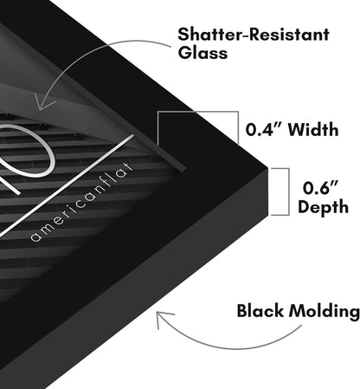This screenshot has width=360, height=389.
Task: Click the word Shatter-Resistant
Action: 254,35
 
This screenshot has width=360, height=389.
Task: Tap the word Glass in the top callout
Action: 202,53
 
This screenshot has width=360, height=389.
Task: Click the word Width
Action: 313,129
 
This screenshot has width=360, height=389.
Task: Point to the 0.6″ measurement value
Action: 320,188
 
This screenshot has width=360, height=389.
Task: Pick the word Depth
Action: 323,207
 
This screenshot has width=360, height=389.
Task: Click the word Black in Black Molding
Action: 260,311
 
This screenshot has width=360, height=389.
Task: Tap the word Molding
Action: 325,312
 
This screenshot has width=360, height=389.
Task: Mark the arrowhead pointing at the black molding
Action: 162,318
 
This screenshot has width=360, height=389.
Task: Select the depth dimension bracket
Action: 289,191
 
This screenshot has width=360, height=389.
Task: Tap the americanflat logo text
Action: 81,202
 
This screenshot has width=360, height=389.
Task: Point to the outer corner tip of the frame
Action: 267,167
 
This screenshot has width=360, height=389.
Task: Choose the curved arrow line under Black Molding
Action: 231,347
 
